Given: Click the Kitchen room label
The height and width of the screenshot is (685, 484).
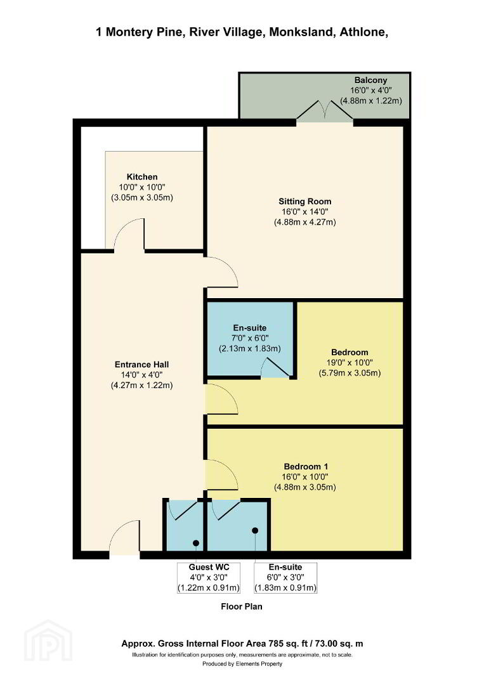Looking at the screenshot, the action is click(142, 177).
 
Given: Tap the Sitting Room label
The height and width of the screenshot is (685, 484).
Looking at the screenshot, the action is click(305, 202).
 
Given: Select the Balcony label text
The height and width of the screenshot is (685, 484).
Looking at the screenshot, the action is click(371, 81).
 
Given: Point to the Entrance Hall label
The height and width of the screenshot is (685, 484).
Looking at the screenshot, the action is click(142, 364).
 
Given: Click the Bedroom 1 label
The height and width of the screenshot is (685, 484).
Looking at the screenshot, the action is click(306, 467).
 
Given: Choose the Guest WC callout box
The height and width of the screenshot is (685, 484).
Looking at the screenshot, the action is click(209, 578).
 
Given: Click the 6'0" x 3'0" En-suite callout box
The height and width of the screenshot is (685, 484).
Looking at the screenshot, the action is click(285, 578).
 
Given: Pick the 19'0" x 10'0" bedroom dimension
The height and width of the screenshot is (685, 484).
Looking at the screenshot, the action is click(350, 363).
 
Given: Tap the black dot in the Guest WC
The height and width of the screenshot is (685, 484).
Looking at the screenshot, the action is click(196, 543).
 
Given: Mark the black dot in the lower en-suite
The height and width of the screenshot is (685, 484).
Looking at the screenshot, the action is click(255, 530).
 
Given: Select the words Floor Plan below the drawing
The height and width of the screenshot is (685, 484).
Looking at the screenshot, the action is click(242, 606).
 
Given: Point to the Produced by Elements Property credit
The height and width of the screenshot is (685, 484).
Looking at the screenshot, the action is click(242, 663).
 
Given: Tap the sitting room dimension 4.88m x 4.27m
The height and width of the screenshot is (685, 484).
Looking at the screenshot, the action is click(305, 223).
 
